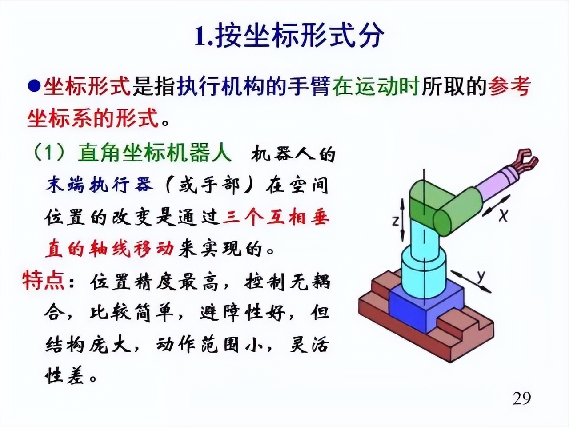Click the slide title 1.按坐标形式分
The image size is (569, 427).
[x=289, y=36]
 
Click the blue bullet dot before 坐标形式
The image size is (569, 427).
[x=34, y=86]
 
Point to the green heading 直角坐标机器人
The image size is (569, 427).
[x=155, y=153]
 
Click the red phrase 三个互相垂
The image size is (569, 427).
[x=276, y=218]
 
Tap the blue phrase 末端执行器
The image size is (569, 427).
[x=100, y=185]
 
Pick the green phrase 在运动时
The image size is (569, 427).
[x=376, y=86]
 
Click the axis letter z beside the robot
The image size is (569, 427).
[x=395, y=220]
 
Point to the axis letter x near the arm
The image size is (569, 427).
[x=503, y=215]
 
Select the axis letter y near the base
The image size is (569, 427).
[x=481, y=276]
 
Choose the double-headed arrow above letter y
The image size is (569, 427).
[x=471, y=282]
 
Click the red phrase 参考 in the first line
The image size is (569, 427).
[x=509, y=86]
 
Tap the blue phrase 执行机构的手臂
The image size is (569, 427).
[x=253, y=86]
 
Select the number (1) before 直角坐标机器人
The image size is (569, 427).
[x=49, y=153]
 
